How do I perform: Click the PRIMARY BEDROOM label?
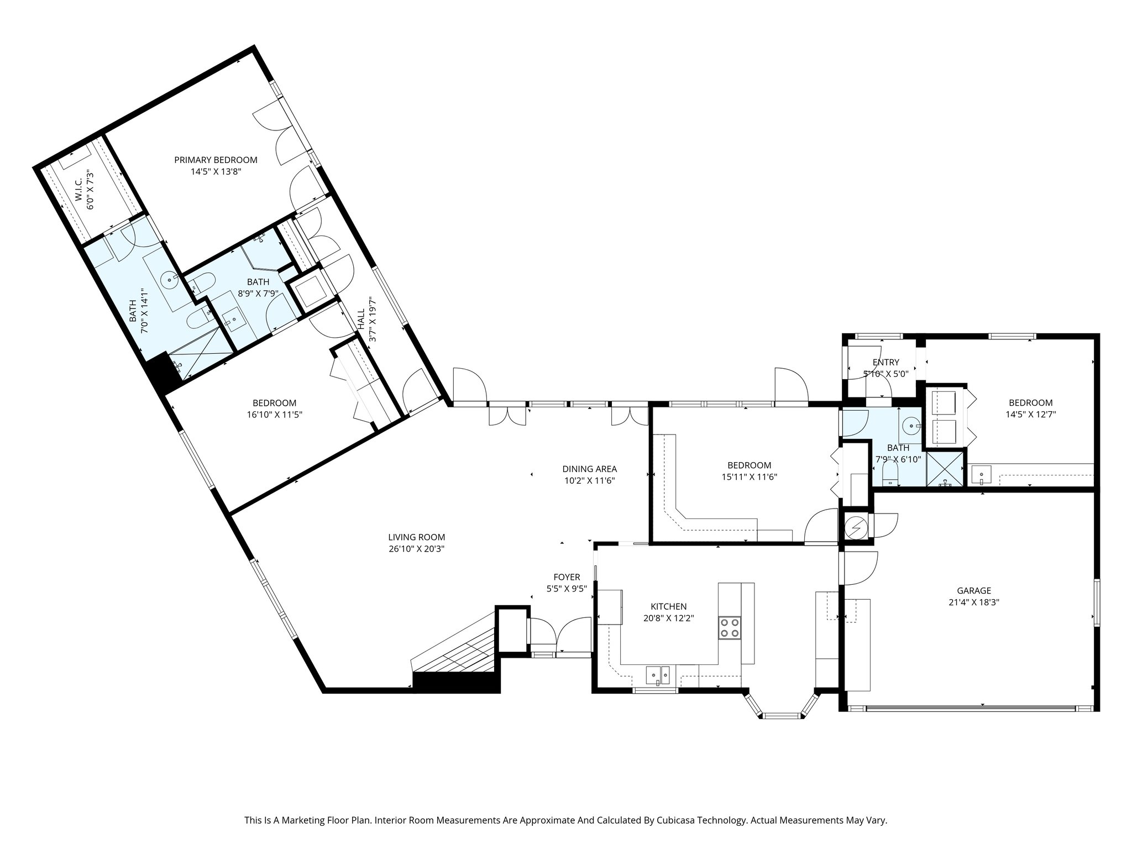(x=216, y=160)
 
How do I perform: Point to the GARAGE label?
(x=974, y=590)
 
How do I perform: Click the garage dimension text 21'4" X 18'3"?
(x=974, y=602)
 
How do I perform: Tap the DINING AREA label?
(x=589, y=469)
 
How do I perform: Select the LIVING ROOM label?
(x=416, y=537)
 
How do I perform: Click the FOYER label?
(x=567, y=577)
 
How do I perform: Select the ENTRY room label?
(x=885, y=362)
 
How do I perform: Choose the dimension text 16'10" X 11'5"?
(x=274, y=415)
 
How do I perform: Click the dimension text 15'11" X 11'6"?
(x=749, y=477)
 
